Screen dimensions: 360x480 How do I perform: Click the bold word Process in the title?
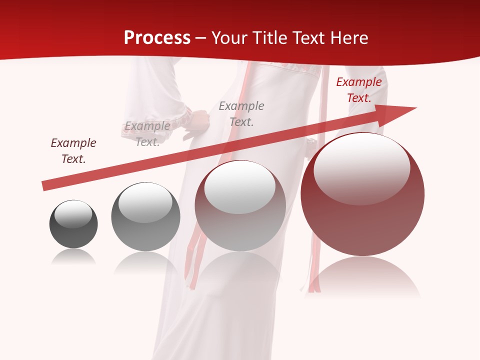tap(157, 38)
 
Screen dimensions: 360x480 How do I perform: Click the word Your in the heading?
tap(229, 38)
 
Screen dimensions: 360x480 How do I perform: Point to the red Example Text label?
tap(359, 90)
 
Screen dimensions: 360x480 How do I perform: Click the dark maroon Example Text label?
tap(73, 151)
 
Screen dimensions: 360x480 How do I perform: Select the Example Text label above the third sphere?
tap(241, 113)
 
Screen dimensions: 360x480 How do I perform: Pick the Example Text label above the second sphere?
tap(147, 134)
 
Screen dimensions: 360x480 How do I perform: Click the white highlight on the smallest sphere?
tap(73, 214)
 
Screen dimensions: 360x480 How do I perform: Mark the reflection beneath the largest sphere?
tap(362, 277)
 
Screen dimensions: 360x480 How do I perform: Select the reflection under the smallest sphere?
tap(73, 257)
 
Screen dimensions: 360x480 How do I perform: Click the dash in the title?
tap(201, 38)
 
